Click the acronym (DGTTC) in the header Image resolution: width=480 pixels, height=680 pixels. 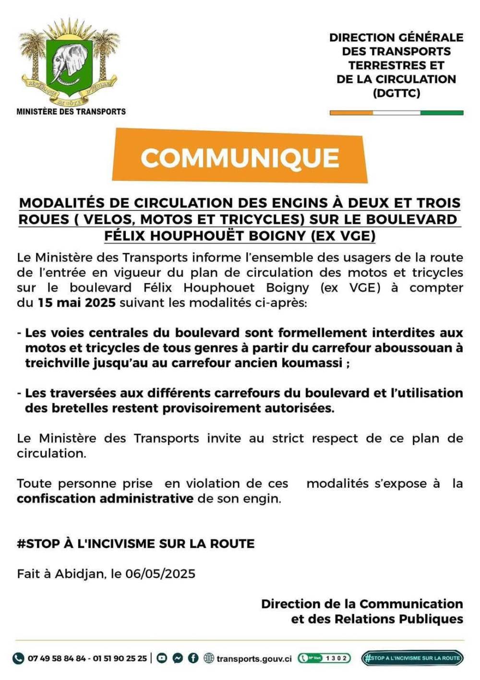coord(396,93)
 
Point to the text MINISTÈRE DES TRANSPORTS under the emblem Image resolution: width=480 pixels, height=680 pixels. coord(71,111)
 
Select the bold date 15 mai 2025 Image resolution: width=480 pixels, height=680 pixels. coord(76,303)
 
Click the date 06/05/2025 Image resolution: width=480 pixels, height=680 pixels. coord(160,573)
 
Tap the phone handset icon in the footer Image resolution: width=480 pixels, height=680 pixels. coord(18,658)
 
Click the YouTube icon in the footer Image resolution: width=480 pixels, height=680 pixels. coord(162,658)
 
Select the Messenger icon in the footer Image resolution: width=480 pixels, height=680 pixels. coord(178,658)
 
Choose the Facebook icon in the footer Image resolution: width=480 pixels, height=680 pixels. coord(193,658)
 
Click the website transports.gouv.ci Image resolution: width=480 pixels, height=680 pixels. coord(253,658)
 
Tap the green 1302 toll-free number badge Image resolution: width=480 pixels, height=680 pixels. coord(324,658)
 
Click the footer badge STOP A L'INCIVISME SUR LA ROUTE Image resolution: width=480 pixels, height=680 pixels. coord(412,658)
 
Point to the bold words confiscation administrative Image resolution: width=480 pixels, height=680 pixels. coord(105,498)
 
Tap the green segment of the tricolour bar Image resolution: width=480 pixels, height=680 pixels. coord(442,113)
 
